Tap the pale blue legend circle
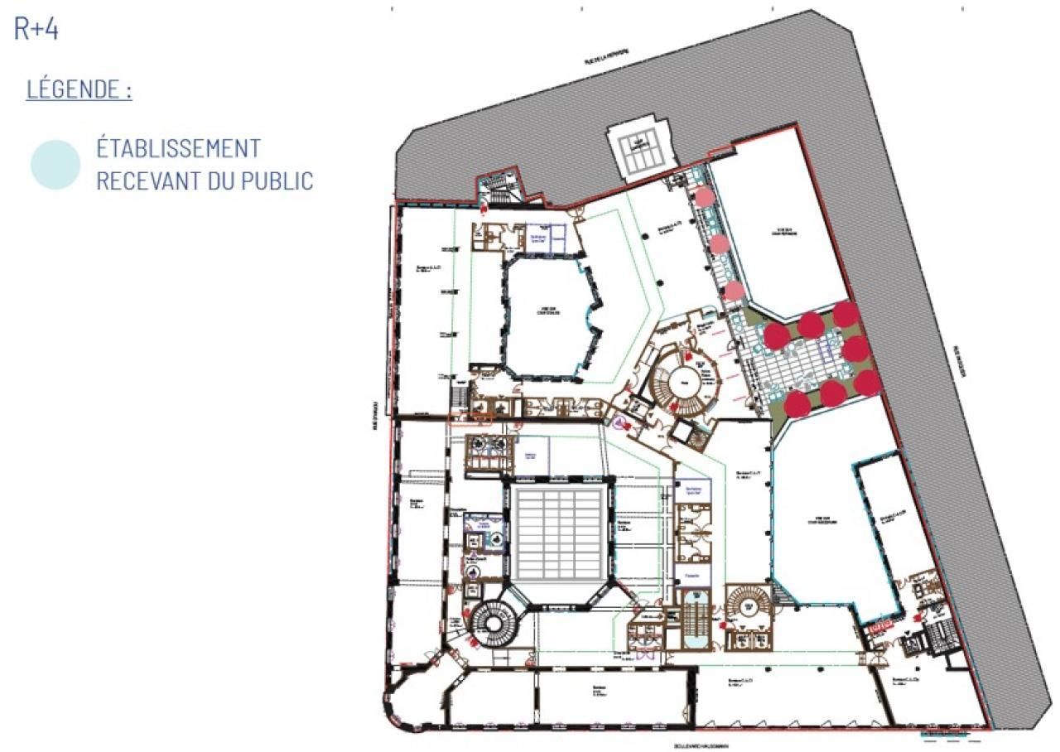pyautogui.click(x=55, y=165)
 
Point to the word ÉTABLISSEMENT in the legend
pyautogui.click(x=179, y=148)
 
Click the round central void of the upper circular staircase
pyautogui.click(x=684, y=382)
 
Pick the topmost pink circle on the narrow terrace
pyautogui.click(x=704, y=197)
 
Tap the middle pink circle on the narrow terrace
pyautogui.click(x=720, y=243)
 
